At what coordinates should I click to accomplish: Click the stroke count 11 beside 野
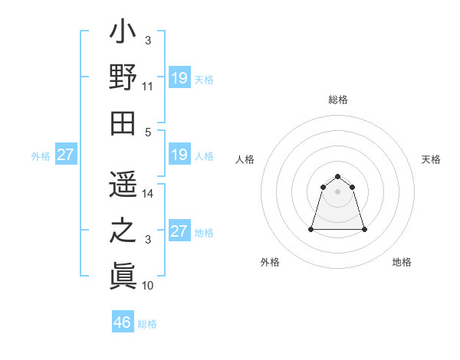(x=148, y=88)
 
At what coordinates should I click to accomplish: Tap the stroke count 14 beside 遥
(x=148, y=195)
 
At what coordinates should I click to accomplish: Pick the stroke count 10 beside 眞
(x=148, y=286)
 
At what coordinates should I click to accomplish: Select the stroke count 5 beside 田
(x=148, y=132)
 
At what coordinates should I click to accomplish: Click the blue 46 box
(x=123, y=322)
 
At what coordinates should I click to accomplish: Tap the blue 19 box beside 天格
(x=179, y=77)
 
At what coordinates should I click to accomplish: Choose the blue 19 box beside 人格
(x=179, y=155)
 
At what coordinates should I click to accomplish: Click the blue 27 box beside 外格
(x=65, y=155)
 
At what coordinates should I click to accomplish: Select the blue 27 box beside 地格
(x=179, y=231)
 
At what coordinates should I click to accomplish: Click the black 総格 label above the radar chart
(x=338, y=100)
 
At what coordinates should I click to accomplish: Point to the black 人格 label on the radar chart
(x=245, y=159)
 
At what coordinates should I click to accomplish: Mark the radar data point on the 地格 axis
(x=364, y=229)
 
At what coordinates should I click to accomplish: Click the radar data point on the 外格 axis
(x=312, y=229)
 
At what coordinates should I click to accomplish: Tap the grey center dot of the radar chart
(x=338, y=191)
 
